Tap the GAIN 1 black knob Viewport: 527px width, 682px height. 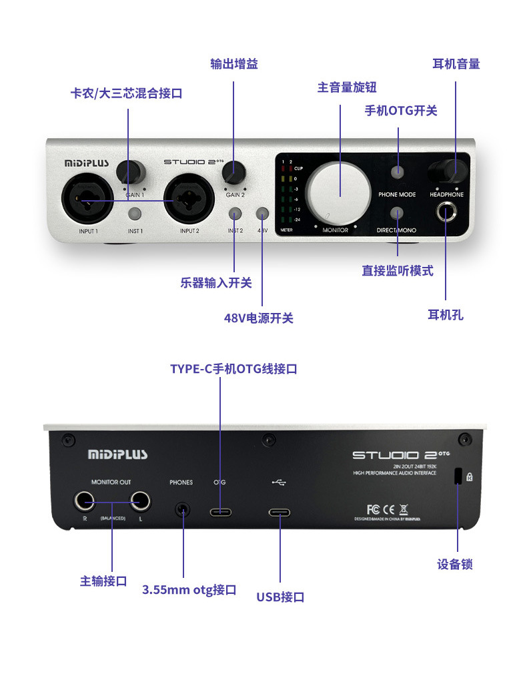point(130,172)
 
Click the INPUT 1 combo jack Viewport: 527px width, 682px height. point(83,199)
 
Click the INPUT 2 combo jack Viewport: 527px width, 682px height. point(189,199)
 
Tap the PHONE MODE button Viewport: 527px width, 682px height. point(398,172)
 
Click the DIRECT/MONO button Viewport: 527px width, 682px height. point(398,214)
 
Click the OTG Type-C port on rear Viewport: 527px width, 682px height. point(220,513)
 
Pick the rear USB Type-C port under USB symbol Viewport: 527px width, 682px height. point(280,513)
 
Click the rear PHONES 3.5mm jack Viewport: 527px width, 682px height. point(182,510)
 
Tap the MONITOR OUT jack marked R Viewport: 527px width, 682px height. point(84,500)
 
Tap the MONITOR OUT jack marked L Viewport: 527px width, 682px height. point(140,500)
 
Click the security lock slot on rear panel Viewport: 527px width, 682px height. point(458,476)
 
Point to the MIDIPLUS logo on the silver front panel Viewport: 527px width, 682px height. point(87,162)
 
